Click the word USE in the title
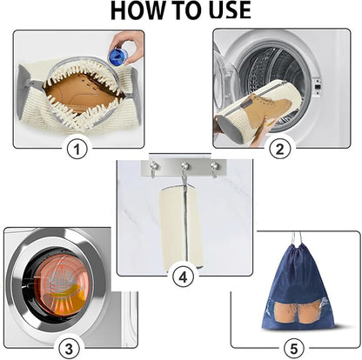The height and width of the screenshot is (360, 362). [x=225, y=10]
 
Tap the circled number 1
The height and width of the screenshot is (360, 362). [x=79, y=150]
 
